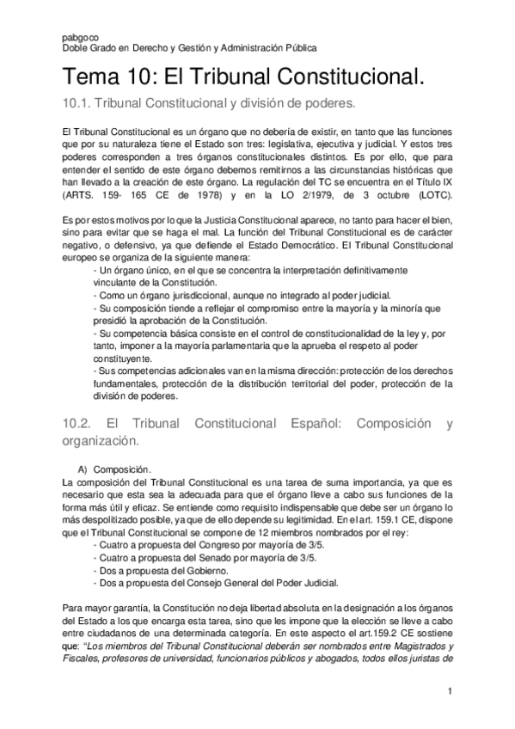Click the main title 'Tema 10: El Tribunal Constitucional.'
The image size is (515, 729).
244,79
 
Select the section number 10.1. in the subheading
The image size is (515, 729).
77,105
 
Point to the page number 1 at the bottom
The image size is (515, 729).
450,690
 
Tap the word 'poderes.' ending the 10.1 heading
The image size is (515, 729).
330,105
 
